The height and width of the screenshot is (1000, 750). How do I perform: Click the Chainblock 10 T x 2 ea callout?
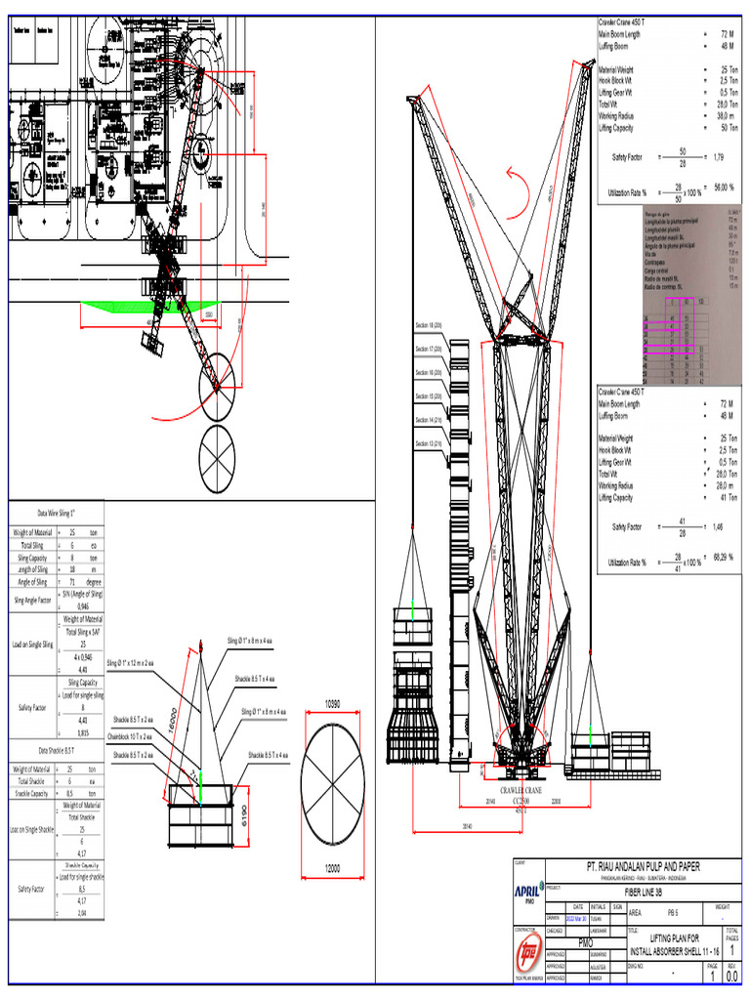point(132,735)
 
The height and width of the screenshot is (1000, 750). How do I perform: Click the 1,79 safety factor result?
point(719,156)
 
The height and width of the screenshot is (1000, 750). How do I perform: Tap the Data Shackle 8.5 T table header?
point(56,749)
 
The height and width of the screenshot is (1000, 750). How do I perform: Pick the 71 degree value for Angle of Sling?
point(71,580)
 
